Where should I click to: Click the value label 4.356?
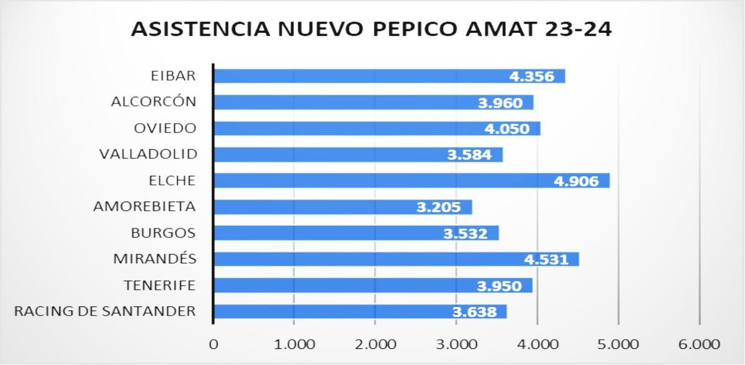[531, 76]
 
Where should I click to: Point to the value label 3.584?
[469, 154]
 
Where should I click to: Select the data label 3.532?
[466, 233]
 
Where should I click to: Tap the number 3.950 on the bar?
[499, 285]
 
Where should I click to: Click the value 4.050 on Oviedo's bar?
[507, 129]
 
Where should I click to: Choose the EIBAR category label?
[173, 76]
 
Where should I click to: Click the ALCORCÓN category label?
[153, 101]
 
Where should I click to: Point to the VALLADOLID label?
[148, 154]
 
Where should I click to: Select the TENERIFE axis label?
[160, 285]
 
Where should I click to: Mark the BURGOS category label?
[163, 233]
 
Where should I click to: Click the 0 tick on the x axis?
[214, 344]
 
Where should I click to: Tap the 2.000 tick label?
[375, 344]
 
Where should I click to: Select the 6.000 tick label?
[699, 344]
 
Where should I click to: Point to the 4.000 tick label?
[537, 344]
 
